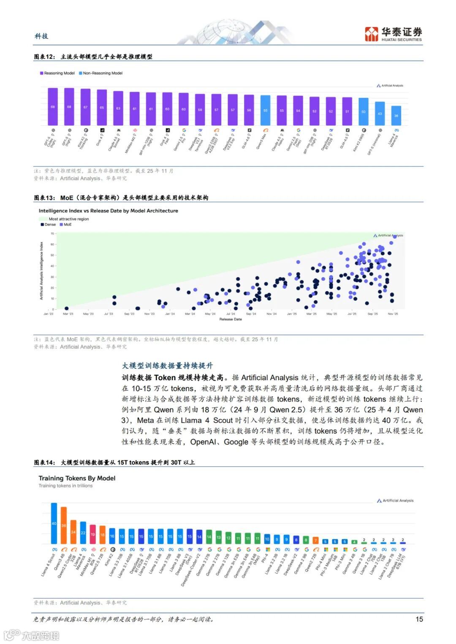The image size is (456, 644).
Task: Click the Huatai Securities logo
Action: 393,34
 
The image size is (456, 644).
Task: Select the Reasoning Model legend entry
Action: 57,73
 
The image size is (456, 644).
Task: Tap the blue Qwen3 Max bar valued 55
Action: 265,111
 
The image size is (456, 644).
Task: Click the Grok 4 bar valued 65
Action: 102,108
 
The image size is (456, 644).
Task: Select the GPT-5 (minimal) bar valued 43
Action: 380,114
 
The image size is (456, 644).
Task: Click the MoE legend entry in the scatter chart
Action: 66,225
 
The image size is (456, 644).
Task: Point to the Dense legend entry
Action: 48,225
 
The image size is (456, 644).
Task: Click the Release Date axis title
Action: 231,319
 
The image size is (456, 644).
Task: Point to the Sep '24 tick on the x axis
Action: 251,314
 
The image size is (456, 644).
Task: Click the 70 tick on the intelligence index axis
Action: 53,233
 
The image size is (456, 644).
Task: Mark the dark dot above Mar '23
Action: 66,308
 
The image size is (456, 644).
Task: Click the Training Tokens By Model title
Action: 77,478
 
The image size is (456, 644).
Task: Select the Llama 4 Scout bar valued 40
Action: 54,523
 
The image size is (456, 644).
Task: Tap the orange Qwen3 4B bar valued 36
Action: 64,525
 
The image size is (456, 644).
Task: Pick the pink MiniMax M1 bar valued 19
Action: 93,534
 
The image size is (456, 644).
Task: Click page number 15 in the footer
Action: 419,619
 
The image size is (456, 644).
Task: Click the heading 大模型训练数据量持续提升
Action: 168,365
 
